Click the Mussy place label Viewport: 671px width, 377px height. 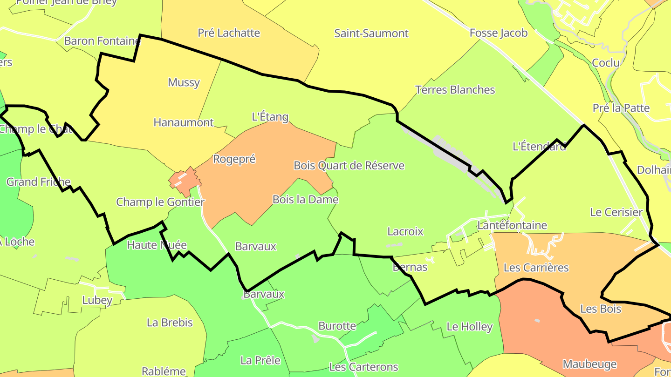point(184,83)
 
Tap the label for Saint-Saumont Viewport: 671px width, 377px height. point(371,34)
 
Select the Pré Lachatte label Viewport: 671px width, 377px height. point(229,33)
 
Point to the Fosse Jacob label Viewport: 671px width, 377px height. point(499,33)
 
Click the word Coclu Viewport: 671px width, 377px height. point(606,63)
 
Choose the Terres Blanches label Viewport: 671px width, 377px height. point(455,90)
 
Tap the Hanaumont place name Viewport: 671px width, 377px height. point(184,123)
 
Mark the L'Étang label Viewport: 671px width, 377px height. point(270,117)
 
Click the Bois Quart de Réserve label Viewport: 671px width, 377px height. point(349,166)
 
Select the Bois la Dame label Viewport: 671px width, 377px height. point(305,200)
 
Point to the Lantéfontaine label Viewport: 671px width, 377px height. point(512,226)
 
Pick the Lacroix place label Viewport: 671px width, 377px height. point(405,231)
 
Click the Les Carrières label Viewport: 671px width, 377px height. point(536,268)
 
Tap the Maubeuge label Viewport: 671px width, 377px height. point(589,364)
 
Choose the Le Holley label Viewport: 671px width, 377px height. point(469,327)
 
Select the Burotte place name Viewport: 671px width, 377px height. point(337,326)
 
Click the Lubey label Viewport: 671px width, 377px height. point(97,300)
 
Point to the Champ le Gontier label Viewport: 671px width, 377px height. point(160,202)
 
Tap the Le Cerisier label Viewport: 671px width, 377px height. point(616,213)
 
